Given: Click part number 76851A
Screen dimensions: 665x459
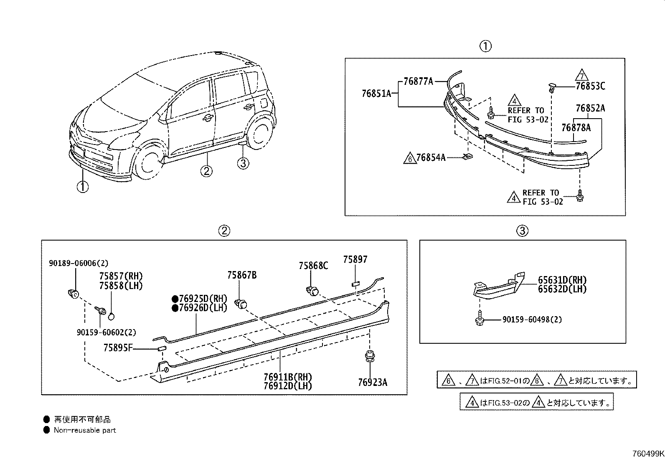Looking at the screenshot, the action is click(376, 94).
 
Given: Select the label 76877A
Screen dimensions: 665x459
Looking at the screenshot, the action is click(418, 81).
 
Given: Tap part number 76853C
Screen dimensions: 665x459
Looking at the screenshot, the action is click(591, 86).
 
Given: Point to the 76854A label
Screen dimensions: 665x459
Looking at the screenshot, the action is click(431, 157).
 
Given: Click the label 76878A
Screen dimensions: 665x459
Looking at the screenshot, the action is click(576, 128).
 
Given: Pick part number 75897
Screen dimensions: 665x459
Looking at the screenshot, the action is click(355, 259).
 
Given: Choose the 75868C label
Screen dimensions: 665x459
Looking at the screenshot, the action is click(314, 266).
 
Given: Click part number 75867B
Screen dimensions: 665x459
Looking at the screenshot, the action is click(242, 275).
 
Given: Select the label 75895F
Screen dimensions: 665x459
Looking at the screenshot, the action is click(118, 347).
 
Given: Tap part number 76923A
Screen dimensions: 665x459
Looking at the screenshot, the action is click(373, 383).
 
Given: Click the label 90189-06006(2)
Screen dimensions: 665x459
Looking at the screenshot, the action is click(79, 264).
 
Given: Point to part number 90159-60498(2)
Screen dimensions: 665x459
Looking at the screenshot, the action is click(532, 320).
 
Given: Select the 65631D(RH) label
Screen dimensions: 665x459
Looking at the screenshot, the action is click(562, 280).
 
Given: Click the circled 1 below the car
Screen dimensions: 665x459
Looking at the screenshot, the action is click(83, 187).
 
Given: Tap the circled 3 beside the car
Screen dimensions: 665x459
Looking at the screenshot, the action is click(243, 163).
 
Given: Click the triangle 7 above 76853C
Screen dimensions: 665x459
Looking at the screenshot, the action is click(582, 75).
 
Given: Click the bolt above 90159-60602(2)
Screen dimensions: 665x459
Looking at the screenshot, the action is click(101, 311).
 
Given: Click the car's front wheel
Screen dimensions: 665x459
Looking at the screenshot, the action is click(148, 162).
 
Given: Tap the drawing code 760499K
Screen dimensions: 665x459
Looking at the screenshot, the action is click(648, 454).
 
